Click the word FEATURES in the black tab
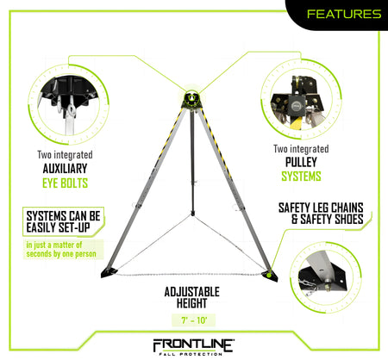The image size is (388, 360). (344, 14)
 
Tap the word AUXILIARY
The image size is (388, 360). (65, 169)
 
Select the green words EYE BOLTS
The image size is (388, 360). (65, 183)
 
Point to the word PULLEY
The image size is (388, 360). (301, 162)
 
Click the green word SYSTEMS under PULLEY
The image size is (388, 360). (301, 177)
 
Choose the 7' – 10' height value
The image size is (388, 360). (194, 320)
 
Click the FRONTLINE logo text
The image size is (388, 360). (193, 344)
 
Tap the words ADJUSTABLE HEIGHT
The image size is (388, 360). (191, 297)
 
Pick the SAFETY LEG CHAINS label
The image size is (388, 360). (321, 208)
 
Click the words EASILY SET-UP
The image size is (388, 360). (58, 227)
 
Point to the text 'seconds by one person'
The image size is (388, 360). (61, 254)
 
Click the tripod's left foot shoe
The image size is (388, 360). (109, 272)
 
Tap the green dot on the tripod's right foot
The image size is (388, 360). (269, 275)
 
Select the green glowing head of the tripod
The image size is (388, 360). (191, 97)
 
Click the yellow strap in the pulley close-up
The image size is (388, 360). (296, 123)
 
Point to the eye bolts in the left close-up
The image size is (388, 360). (66, 108)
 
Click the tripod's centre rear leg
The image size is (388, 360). (192, 162)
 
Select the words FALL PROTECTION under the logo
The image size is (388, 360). (191, 354)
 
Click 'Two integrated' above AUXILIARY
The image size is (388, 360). (65, 155)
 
